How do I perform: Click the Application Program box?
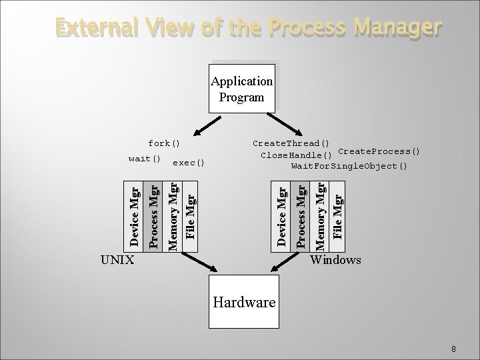241,89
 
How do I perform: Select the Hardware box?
243,302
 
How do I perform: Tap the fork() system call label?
164,143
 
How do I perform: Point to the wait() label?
145,159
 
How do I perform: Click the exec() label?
188,162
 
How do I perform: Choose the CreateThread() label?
291,143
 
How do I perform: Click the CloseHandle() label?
296,155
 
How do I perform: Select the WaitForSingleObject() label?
349,165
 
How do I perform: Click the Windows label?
336,259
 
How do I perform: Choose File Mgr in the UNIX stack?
191,215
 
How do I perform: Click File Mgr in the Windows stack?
338,215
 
